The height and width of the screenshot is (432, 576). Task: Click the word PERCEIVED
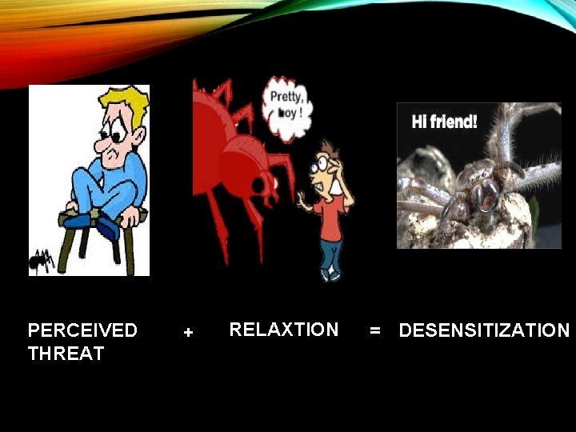coord(82,330)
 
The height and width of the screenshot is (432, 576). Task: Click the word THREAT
coord(66,354)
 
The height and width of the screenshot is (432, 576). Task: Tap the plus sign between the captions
coord(188,332)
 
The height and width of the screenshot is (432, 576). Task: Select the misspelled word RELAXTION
coord(284,330)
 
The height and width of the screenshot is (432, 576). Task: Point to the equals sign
coord(375,330)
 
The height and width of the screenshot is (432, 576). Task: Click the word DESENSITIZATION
coord(484,330)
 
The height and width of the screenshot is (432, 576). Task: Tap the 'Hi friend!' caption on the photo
coord(444,122)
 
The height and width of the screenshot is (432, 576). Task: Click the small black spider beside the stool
coord(42,259)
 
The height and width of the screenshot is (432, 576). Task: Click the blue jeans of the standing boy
coord(331,254)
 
